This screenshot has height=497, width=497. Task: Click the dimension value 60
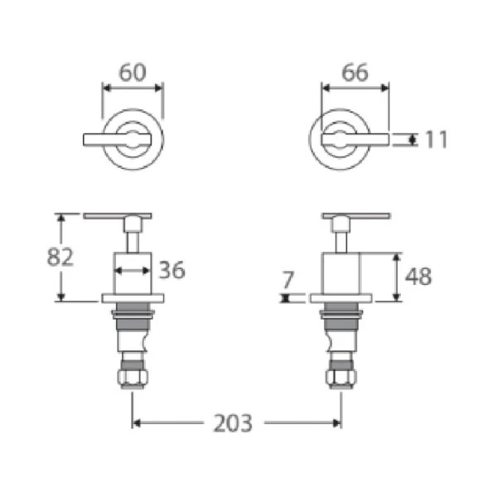pyautogui.click(x=133, y=72)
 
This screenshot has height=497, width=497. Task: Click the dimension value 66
pyautogui.click(x=355, y=72)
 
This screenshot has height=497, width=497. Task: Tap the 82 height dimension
pyautogui.click(x=60, y=256)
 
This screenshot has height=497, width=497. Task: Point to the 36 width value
pyautogui.click(x=171, y=270)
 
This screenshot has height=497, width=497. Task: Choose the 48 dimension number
pyautogui.click(x=419, y=276)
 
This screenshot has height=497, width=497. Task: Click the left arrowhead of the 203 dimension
pyautogui.click(x=138, y=423)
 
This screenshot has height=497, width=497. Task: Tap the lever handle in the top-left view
pyautogui.click(x=108, y=139)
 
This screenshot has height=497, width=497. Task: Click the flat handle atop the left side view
pyautogui.click(x=117, y=217)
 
